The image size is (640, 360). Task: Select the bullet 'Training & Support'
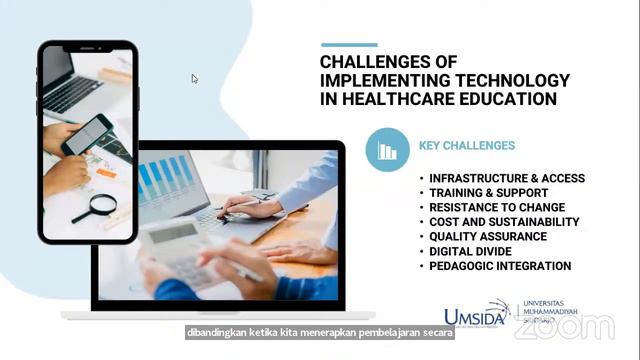[488, 192]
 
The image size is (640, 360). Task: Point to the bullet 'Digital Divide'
[473, 251]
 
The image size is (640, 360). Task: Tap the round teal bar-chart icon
[387, 150]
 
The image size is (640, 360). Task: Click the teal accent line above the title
[349, 44]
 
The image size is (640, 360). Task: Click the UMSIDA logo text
[475, 316]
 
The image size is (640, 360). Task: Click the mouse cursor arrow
[194, 79]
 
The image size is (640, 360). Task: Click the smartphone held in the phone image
[87, 134]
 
